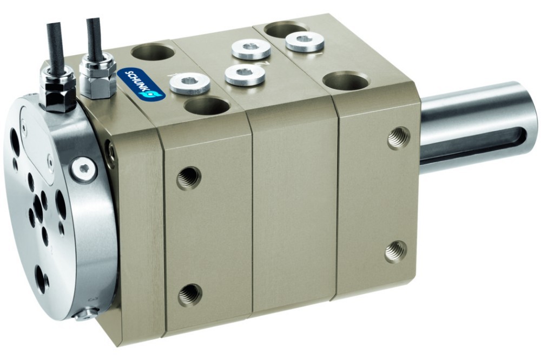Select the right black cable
coord(93,38)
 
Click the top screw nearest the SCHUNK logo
coord(190,83)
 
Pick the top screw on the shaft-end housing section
coord(305,42)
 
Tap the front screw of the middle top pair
coord(245,75)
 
